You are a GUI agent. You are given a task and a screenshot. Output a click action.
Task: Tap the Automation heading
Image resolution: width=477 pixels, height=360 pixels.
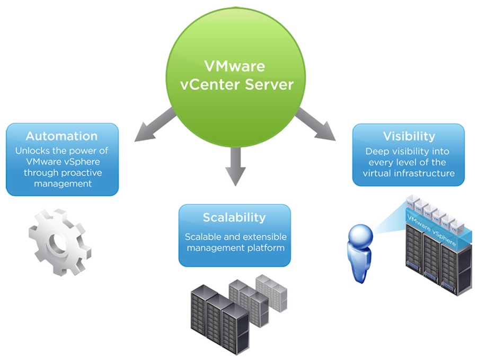[x=61, y=136]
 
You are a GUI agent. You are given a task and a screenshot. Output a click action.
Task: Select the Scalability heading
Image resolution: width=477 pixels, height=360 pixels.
[x=234, y=217]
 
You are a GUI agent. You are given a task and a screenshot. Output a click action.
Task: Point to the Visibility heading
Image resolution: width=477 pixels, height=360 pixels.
[x=409, y=137]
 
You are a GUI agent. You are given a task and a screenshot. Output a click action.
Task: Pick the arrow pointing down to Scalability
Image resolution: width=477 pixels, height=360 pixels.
[x=235, y=167]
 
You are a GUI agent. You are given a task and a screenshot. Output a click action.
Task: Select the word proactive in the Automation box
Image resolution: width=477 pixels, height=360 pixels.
[x=79, y=173]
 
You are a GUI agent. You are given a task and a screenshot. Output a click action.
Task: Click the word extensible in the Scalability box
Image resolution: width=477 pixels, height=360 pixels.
[x=264, y=236]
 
